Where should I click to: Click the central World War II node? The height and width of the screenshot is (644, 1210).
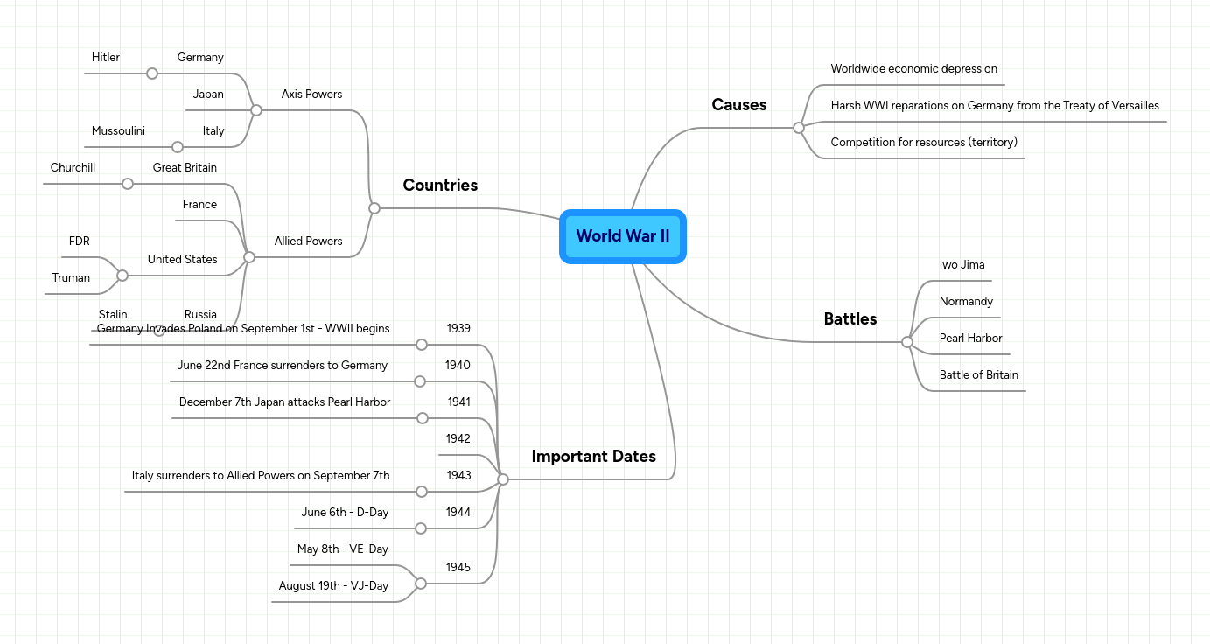click(x=622, y=236)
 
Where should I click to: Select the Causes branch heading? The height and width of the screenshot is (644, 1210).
click(x=738, y=105)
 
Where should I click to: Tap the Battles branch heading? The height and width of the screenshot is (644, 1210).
click(x=850, y=319)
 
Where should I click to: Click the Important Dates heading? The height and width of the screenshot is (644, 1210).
click(x=593, y=457)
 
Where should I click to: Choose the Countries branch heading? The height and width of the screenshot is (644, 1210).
click(x=440, y=185)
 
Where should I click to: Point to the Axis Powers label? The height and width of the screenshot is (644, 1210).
click(x=311, y=94)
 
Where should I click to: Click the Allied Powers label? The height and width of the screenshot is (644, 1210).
click(x=308, y=241)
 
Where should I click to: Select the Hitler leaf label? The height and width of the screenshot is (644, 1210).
click(x=105, y=58)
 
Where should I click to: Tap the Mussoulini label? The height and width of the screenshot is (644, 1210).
click(x=118, y=131)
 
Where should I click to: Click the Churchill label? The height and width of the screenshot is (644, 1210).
click(x=73, y=168)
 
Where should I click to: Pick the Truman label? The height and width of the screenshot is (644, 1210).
click(x=71, y=278)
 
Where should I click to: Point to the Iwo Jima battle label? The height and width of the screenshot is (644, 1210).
click(x=962, y=265)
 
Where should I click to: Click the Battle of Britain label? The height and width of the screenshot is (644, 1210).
click(x=978, y=375)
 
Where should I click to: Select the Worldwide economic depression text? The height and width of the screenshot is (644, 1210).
click(x=913, y=69)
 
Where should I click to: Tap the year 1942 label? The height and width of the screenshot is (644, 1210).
click(x=458, y=439)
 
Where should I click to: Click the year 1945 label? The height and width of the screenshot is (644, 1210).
click(x=458, y=568)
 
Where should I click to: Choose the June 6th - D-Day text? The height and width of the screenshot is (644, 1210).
click(x=345, y=513)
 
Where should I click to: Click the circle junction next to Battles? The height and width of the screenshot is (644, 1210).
click(x=907, y=342)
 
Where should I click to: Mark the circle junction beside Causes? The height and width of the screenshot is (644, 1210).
click(x=798, y=128)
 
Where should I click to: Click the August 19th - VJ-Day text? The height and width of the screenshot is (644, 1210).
click(x=333, y=586)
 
